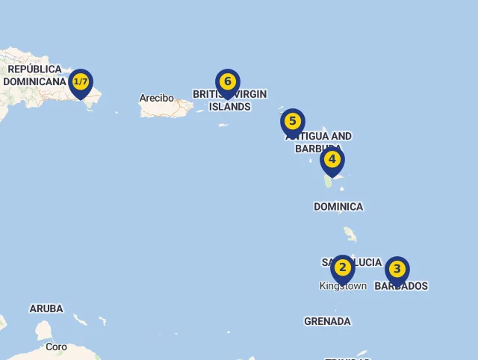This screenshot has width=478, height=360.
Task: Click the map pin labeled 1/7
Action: (x=81, y=82)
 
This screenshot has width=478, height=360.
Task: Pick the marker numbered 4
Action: (x=332, y=160)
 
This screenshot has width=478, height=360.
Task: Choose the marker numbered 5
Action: (x=293, y=122)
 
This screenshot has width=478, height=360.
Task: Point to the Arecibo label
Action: (x=156, y=98)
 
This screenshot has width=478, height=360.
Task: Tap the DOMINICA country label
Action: (x=338, y=206)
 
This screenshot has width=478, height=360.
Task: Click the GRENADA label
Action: (x=327, y=321)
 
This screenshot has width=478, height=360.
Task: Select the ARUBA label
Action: (x=46, y=308)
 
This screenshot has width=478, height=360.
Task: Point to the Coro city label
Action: (x=56, y=347)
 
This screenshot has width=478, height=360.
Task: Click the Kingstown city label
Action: (x=343, y=286)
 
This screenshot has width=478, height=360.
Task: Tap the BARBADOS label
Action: (x=401, y=286)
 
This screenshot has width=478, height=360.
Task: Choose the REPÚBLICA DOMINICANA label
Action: (x=34, y=75)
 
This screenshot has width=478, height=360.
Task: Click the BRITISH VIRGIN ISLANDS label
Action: (x=229, y=100)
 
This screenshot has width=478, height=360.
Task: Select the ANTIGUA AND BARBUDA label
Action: (x=319, y=142)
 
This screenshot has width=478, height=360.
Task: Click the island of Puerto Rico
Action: (x=166, y=109)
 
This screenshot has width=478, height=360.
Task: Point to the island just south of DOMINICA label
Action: (x=350, y=235)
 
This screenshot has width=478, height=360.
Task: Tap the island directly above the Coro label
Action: (x=44, y=330)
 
